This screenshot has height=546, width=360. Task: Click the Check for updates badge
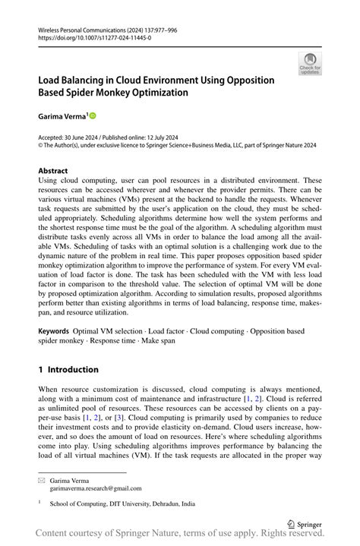(x=310, y=64)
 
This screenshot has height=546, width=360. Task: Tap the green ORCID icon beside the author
(x=93, y=116)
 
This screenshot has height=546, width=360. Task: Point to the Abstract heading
(x=53, y=171)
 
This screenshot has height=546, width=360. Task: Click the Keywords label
(x=54, y=332)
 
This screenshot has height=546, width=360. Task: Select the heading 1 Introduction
(x=68, y=370)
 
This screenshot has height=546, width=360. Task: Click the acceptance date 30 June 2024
(x=84, y=137)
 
